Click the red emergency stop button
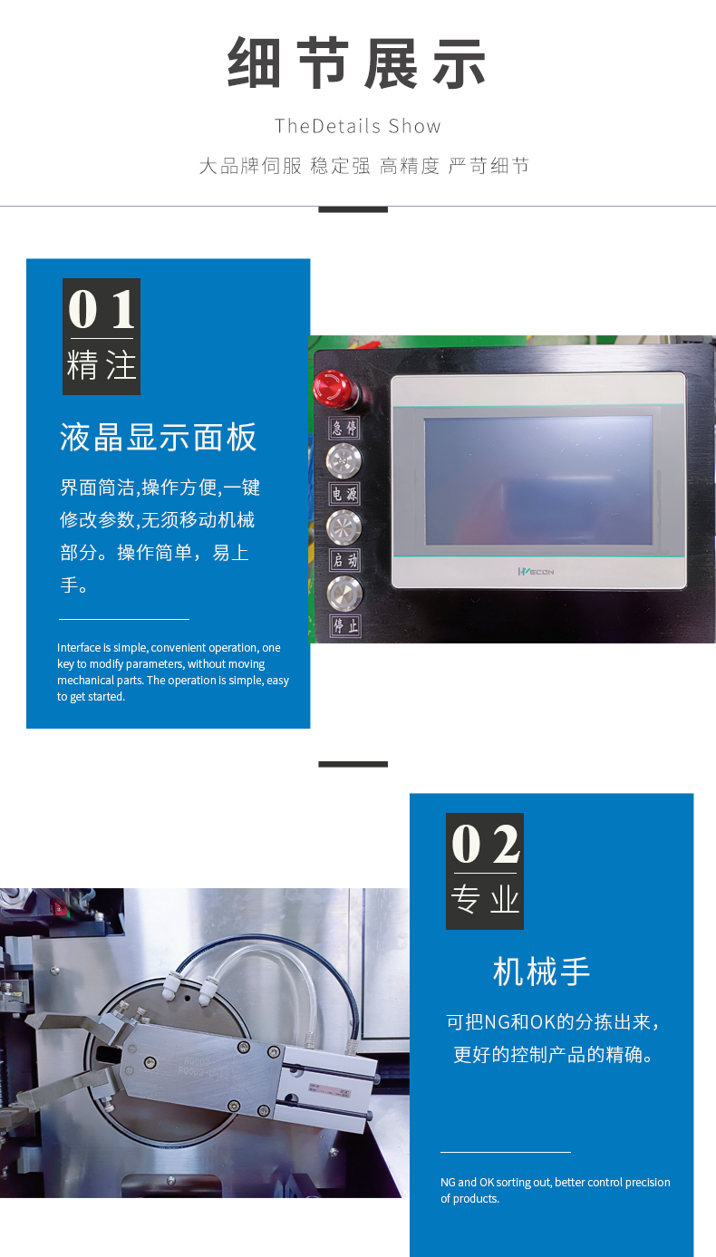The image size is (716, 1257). click(334, 388)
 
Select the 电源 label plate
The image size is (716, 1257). click(344, 494)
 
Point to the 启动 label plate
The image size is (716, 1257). click(344, 560)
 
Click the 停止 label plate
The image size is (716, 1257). click(345, 625)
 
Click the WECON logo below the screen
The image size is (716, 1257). click(536, 571)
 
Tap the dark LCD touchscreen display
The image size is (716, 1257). click(538, 480)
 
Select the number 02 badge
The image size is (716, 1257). click(485, 846)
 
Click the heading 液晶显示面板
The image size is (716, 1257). click(159, 438)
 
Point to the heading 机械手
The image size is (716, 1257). click(541, 972)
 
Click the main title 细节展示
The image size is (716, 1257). click(357, 63)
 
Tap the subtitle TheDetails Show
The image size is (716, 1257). click(358, 126)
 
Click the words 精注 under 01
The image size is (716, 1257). click(102, 366)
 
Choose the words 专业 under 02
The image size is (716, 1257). click(485, 900)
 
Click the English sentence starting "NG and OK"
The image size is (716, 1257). click(555, 1190)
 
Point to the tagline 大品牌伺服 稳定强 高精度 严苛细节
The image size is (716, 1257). click(363, 166)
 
